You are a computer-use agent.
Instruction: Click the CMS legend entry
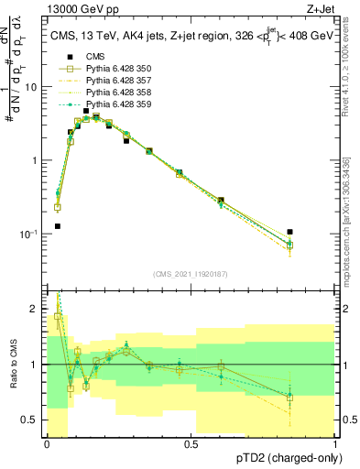click(96, 56)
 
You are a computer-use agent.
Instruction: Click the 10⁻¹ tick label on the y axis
click(29, 234)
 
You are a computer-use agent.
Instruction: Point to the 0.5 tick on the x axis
click(191, 444)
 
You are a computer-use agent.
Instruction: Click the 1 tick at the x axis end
click(336, 444)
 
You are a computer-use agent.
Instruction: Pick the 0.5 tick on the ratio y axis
click(32, 420)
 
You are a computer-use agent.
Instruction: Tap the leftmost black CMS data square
click(58, 225)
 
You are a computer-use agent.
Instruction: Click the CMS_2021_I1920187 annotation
click(191, 274)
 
